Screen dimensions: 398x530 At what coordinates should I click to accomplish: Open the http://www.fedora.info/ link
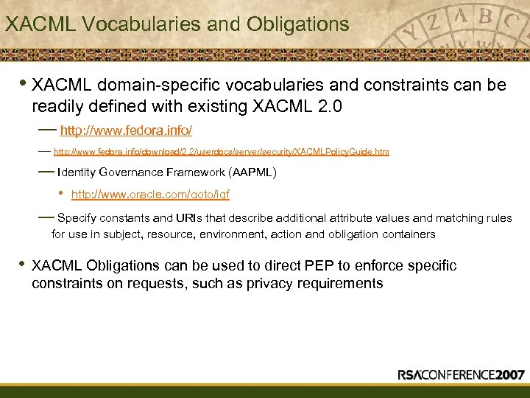126,130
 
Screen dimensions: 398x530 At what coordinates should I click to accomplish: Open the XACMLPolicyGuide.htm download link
222,152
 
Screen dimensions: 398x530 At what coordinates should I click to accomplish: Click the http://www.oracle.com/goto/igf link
150,195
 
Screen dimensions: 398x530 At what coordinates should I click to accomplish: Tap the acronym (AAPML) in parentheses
252,172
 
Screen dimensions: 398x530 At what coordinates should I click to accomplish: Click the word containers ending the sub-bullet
408,234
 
